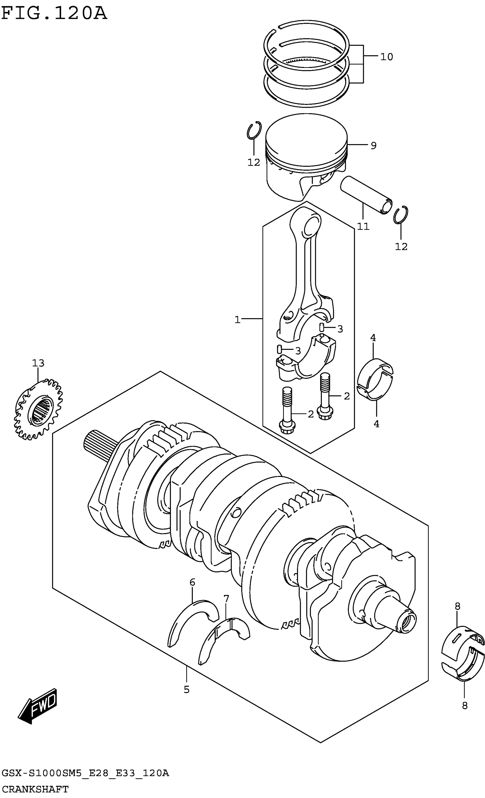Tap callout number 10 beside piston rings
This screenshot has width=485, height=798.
(x=386, y=57)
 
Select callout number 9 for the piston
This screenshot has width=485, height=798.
(x=373, y=145)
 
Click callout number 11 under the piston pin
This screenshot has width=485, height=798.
(x=363, y=226)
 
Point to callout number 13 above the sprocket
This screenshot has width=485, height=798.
(x=38, y=363)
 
